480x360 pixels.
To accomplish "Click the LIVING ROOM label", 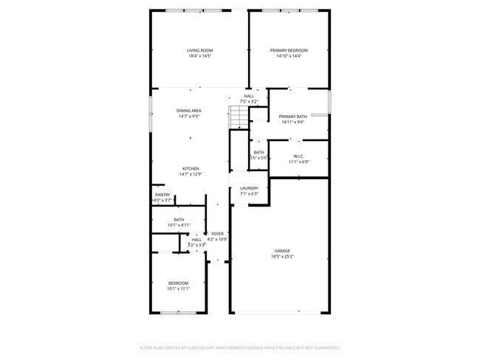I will (199, 50).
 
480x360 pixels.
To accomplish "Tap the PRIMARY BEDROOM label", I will (289, 50).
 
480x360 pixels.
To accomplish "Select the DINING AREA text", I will (189, 111).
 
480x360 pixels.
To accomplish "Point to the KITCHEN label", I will (191, 168).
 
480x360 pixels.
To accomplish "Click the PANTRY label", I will (162, 195).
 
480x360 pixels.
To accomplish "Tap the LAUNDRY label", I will (249, 188).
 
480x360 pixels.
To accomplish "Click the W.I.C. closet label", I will (299, 156).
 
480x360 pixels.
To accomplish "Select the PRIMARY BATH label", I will (293, 117).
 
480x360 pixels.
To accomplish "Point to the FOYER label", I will (218, 234).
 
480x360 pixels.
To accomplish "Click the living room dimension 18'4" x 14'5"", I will (199, 56).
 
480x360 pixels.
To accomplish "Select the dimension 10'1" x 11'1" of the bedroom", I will (179, 288).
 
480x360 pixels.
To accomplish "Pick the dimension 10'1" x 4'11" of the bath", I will (179, 224).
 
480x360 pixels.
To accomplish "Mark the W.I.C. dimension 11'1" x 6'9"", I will (299, 162).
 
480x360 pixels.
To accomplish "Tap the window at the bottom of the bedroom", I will (178, 313).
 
